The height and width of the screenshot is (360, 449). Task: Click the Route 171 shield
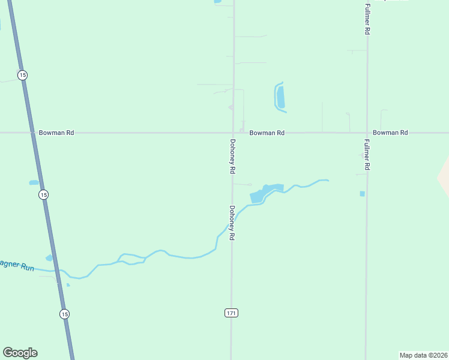232,313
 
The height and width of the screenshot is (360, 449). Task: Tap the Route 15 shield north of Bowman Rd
22,75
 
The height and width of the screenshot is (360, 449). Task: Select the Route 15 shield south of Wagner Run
65,314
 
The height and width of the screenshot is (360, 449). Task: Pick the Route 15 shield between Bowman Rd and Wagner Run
43,195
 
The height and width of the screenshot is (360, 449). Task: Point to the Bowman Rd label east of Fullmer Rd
390,133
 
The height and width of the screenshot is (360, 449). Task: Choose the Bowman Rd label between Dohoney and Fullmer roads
267,133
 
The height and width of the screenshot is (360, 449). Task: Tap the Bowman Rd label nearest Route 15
56,133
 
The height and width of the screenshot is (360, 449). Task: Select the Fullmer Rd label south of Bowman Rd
367,155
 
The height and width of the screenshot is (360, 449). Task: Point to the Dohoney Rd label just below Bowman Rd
232,157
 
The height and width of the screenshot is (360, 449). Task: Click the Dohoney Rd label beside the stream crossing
231,223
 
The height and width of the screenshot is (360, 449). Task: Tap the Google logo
20,353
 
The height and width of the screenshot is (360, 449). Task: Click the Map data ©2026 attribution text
423,355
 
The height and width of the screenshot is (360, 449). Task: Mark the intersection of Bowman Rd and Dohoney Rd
234,133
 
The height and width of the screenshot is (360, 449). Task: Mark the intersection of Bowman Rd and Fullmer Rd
367,133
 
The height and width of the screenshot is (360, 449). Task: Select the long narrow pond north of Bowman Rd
280,97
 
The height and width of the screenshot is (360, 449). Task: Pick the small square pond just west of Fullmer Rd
362,193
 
